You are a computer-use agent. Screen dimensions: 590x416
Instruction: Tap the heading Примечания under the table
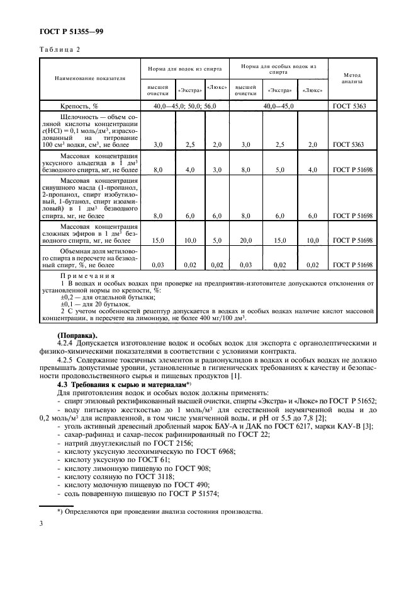coord(87,275)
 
